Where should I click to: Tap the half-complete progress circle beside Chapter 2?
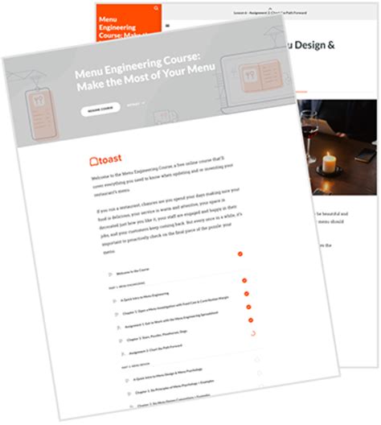[252, 332]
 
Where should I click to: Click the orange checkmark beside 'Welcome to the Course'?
[240, 254]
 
